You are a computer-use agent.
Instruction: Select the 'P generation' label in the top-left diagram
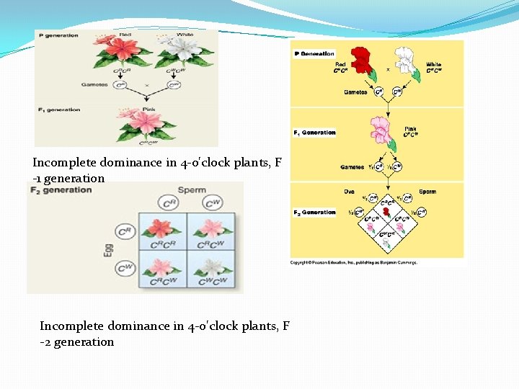point(59,35)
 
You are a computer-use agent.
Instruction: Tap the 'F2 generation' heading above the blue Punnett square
point(61,190)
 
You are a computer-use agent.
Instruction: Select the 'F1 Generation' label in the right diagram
point(315,133)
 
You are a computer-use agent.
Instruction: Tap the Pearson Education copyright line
point(353,262)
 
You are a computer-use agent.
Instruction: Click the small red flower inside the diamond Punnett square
point(386,211)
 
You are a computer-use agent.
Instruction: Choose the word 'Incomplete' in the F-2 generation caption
point(68,326)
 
